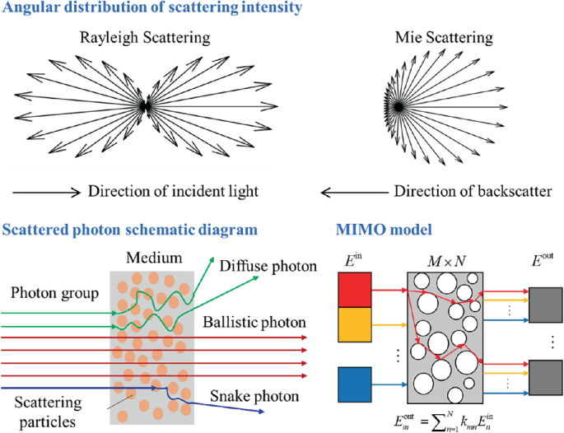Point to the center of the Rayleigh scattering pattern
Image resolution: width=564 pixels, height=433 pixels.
click(x=146, y=105)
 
